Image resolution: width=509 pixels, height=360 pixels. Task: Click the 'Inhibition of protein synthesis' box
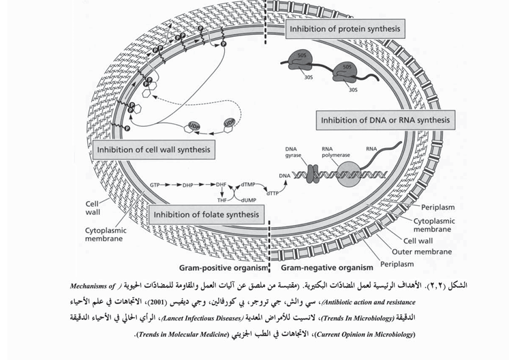point(344,30)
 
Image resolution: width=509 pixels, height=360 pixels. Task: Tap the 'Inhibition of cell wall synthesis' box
point(153,148)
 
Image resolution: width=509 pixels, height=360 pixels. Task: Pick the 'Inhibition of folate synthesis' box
point(207,215)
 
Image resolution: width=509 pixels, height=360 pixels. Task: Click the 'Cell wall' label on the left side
point(95,207)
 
